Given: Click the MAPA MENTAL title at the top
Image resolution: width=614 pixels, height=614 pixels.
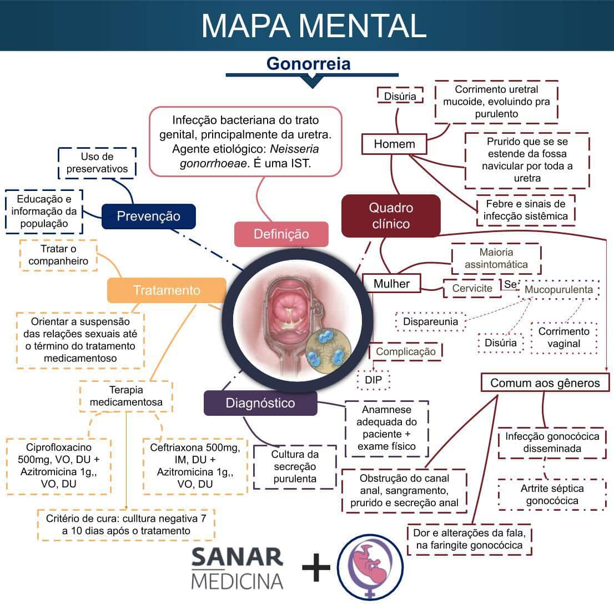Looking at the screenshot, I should (314, 25).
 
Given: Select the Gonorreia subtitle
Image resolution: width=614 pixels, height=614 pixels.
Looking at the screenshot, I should (308, 63).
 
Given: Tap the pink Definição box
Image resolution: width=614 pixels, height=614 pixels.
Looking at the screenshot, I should (281, 234).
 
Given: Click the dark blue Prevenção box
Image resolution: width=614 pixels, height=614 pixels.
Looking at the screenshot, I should (148, 216).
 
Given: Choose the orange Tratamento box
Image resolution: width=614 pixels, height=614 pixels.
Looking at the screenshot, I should (167, 290).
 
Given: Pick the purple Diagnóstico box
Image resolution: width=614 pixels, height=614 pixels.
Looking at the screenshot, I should (260, 403).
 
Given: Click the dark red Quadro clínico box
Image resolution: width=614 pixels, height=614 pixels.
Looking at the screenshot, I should (391, 215).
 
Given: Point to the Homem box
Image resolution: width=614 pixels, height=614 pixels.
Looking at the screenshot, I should (394, 144).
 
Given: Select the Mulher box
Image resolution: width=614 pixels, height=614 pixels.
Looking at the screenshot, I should (391, 284).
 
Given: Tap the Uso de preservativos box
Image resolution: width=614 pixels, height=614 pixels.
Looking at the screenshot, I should (97, 163).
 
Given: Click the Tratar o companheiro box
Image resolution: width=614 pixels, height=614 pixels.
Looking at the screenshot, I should (58, 255).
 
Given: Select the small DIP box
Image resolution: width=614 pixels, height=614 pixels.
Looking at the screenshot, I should (373, 380).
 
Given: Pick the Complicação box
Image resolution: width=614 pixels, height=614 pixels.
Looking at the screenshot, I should (405, 351).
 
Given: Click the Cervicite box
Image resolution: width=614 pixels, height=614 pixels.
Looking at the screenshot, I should (472, 288).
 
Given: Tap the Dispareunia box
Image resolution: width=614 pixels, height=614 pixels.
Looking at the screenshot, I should (430, 321).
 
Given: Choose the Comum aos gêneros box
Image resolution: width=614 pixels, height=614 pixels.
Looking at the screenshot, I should (545, 383).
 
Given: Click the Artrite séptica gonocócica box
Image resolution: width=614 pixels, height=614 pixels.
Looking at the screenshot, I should (552, 495).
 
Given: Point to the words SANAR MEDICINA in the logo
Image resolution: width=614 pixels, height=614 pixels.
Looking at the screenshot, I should (237, 568).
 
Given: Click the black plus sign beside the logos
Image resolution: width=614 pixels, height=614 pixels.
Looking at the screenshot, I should (316, 567).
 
